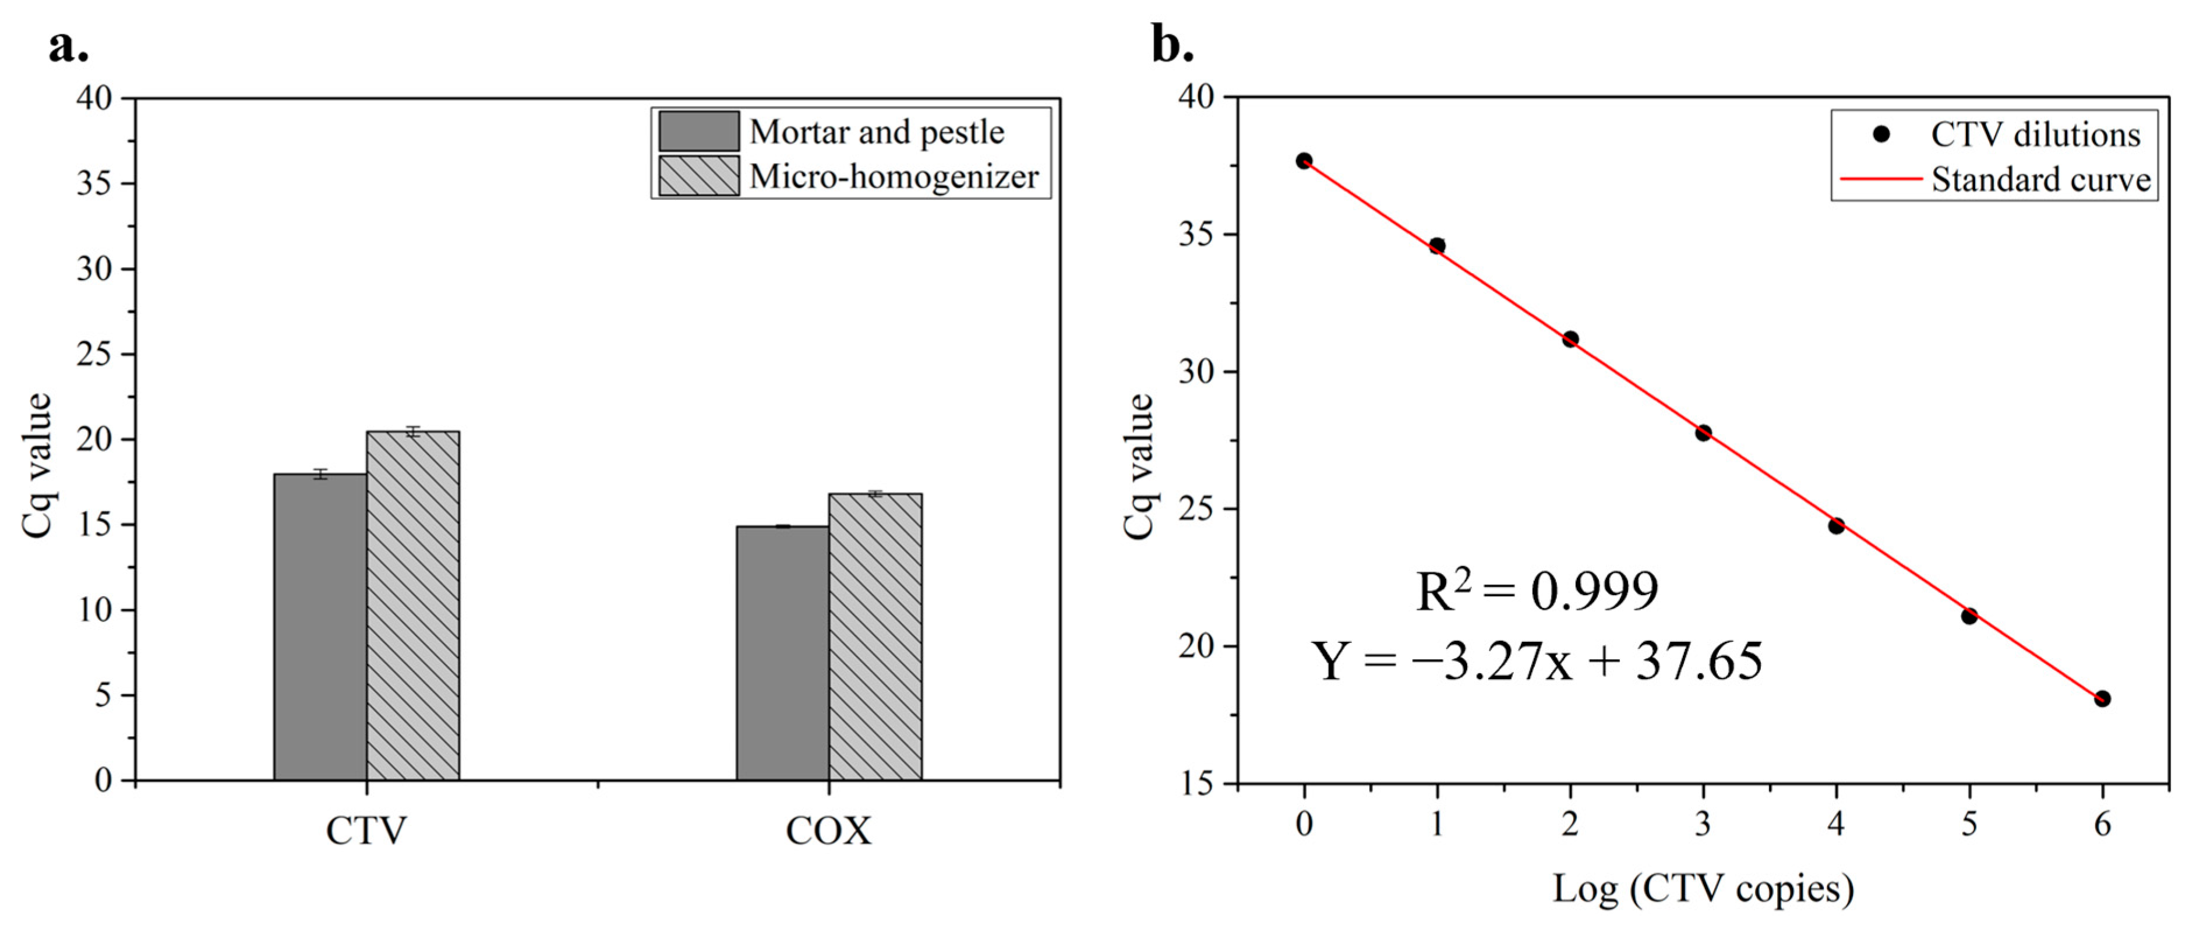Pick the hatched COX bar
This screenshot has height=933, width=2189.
[875, 637]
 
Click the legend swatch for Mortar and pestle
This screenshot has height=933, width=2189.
[698, 132]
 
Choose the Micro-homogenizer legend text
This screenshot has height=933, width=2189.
[894, 176]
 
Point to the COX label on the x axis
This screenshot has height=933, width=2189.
[828, 831]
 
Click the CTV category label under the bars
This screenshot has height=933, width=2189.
[366, 831]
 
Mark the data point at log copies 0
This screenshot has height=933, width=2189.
[1304, 161]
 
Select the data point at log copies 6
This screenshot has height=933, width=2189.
[2102, 698]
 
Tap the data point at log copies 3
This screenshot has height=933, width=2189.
[1703, 433]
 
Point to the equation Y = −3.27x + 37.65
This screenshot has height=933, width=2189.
[1537, 661]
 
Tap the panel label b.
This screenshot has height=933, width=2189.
[1172, 44]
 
